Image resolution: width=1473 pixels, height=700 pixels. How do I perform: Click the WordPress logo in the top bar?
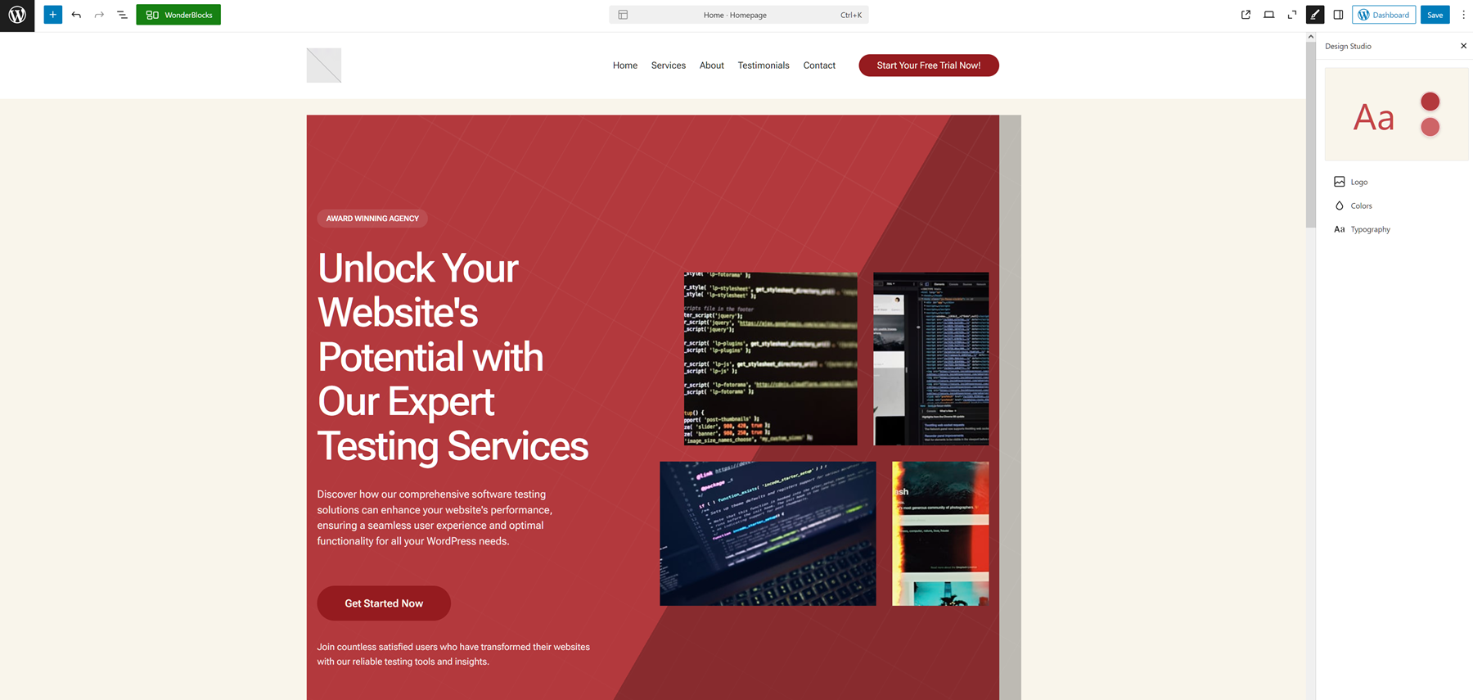(17, 15)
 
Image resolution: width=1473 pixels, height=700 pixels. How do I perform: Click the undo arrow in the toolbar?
(76, 15)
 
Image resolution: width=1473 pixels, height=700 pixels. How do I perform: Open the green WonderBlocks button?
(178, 15)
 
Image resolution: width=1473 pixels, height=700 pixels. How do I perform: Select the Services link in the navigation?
(668, 65)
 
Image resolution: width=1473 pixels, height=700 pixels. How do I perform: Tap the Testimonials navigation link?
(763, 65)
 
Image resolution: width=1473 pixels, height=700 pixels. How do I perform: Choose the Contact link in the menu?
(818, 65)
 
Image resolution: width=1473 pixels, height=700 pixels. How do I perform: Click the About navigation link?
(711, 65)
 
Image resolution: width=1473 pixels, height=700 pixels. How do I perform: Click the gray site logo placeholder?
(324, 65)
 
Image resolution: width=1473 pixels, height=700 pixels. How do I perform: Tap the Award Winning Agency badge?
(372, 219)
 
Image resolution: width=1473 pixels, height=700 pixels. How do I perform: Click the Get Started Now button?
(384, 603)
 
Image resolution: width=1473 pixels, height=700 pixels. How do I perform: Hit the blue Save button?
(1435, 15)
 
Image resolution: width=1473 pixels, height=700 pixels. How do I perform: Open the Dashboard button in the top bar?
(1384, 15)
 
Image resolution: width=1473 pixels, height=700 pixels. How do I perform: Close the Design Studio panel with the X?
(1463, 46)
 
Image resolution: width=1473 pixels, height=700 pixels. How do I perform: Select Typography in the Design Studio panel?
(1370, 229)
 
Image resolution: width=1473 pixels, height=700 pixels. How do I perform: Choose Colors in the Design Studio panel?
(1361, 205)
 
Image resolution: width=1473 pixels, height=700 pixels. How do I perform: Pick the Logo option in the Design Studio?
(1358, 182)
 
